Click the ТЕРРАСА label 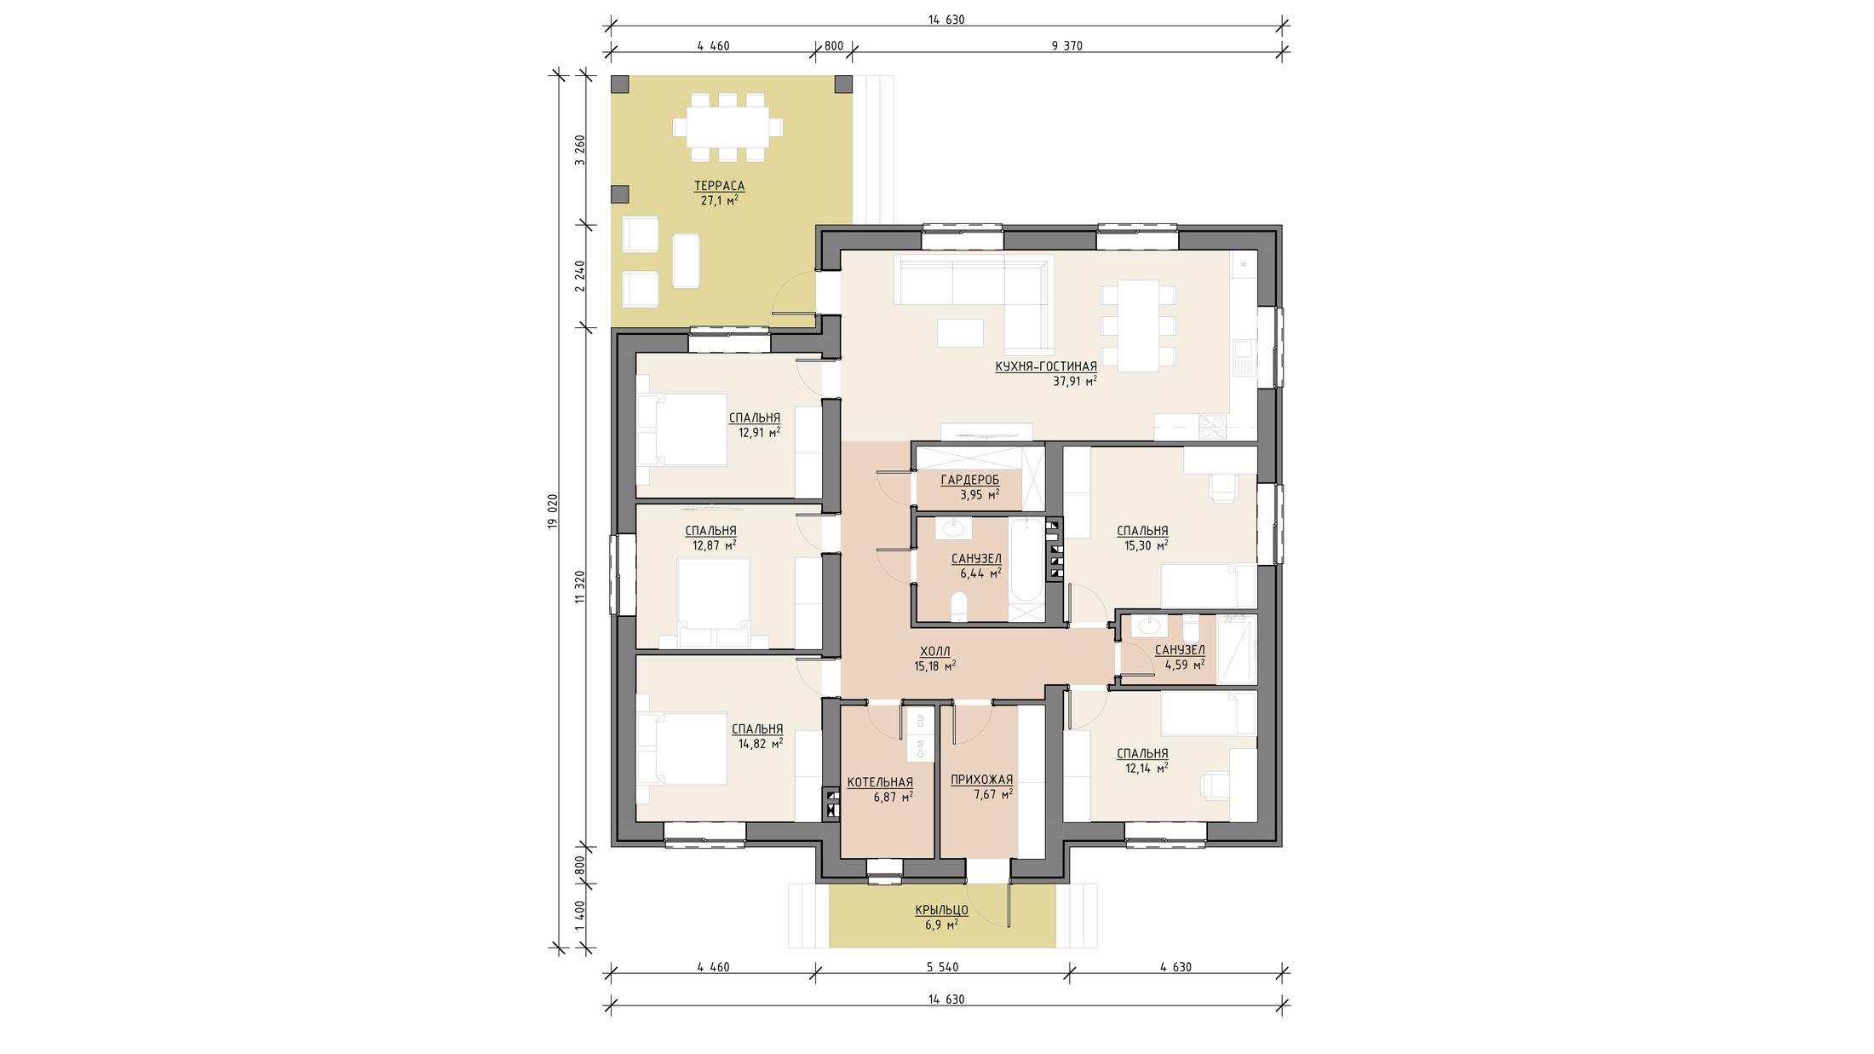tap(719, 186)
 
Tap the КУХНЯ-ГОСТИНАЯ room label tap(1046, 366)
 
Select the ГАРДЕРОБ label tap(970, 480)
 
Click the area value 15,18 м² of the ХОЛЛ tap(935, 665)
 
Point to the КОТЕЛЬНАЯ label tap(880, 782)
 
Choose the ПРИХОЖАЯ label tap(982, 779)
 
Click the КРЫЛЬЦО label tap(942, 910)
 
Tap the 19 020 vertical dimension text tap(552, 511)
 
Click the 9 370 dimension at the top tap(1066, 46)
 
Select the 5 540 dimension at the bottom tap(943, 967)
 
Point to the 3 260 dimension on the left tap(580, 150)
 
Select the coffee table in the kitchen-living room tap(960, 332)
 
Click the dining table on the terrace tap(728, 127)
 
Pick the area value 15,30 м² tap(1147, 545)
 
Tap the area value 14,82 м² tap(761, 743)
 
